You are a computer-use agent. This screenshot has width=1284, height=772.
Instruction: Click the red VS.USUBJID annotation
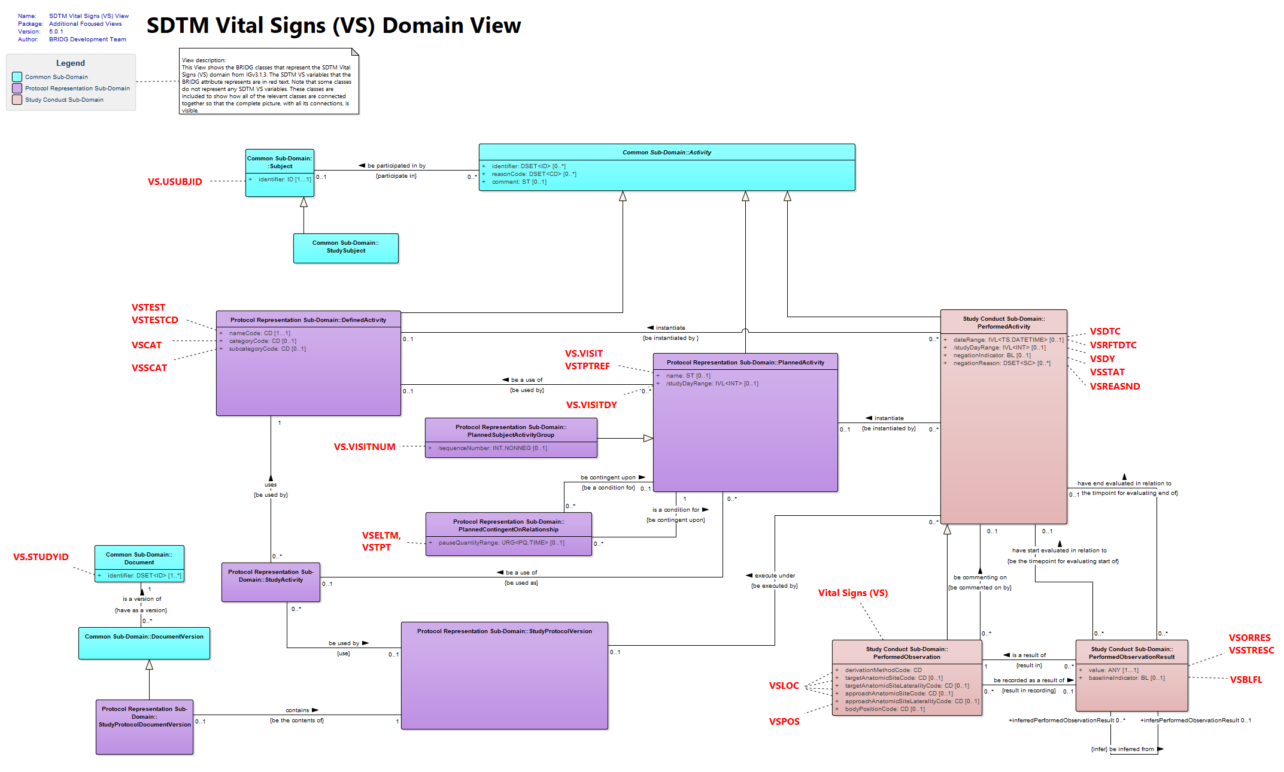[175, 181]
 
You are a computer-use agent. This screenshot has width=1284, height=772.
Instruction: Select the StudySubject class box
[345, 248]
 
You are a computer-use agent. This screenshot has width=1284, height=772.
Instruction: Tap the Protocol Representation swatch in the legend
[17, 88]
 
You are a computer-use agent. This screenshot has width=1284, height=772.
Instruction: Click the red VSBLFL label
[1246, 679]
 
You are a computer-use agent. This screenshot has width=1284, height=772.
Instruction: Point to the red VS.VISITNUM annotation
[365, 446]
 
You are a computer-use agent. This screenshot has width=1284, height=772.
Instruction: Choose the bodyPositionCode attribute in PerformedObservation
[885, 709]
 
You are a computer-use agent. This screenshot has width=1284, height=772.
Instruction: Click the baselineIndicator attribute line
[1127, 678]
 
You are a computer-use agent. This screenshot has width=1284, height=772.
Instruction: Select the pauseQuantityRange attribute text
[502, 543]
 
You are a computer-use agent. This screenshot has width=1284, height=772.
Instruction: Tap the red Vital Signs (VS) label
[853, 592]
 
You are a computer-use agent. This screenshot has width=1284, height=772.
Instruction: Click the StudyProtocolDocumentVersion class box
[144, 727]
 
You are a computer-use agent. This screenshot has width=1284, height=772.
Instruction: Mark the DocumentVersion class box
[144, 643]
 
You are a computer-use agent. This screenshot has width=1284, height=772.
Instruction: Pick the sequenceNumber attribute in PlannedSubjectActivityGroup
[492, 448]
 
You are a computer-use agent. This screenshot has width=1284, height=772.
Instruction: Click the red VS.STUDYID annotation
[41, 557]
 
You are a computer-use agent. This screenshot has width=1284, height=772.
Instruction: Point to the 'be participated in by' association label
[396, 166]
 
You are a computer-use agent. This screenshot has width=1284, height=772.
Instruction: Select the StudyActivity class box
[271, 582]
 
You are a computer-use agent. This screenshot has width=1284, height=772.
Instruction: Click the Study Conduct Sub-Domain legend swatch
[17, 99]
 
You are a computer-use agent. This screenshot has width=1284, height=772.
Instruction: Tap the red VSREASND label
[1115, 386]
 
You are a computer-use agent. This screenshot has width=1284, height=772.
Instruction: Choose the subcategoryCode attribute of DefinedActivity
[267, 349]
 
